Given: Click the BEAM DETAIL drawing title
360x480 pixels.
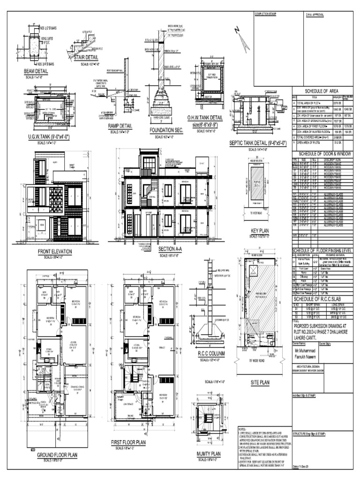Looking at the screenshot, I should click(36, 71).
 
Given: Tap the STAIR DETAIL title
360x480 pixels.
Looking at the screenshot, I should click(89, 59).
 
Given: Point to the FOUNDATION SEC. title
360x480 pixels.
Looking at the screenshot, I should click(165, 130).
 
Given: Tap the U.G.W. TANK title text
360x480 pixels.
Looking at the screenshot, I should click(49, 136).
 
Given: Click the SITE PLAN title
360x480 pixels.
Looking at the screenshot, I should click(260, 382).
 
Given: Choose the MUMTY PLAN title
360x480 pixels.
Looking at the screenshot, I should click(209, 454).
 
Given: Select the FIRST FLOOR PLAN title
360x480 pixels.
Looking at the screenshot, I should click(128, 442).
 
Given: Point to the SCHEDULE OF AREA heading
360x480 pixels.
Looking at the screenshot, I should click(323, 91).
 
